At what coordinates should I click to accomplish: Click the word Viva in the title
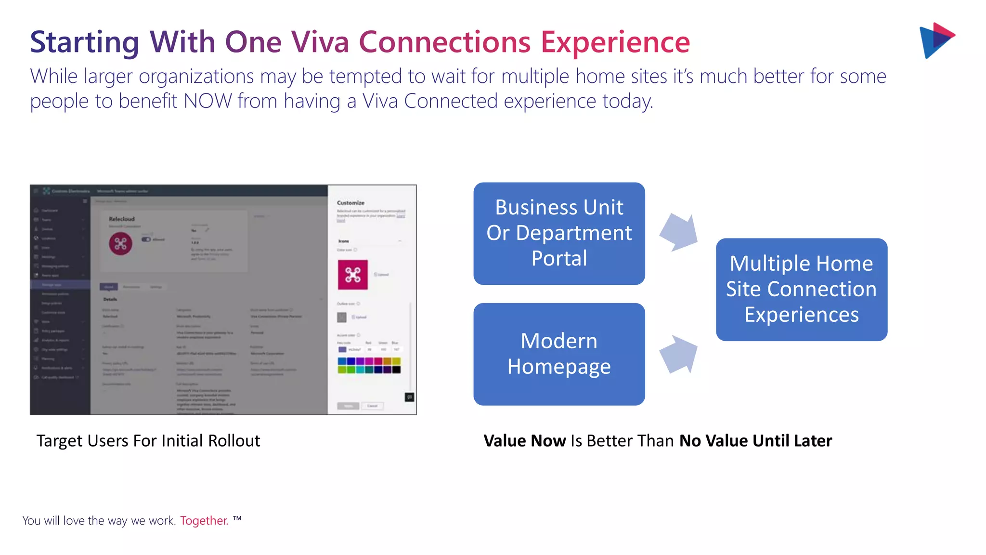320,42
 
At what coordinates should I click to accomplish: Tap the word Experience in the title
615,42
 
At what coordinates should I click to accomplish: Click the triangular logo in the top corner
936,40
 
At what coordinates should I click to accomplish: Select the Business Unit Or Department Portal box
559,233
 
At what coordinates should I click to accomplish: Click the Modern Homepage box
559,354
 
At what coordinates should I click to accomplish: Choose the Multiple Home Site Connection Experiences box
801,289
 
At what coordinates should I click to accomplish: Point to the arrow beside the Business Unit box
679,232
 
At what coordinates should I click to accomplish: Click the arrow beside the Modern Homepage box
679,354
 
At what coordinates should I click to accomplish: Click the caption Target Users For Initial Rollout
148,441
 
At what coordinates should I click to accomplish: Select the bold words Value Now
524,441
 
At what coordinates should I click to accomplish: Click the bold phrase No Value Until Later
755,441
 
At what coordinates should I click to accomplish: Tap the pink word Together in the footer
204,521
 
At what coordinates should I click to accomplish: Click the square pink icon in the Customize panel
352,275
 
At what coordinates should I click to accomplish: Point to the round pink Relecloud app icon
120,243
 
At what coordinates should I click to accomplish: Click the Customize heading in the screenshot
350,203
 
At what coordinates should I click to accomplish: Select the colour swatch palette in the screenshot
369,365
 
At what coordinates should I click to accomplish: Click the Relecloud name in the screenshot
122,219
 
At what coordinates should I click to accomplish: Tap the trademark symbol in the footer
237,518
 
